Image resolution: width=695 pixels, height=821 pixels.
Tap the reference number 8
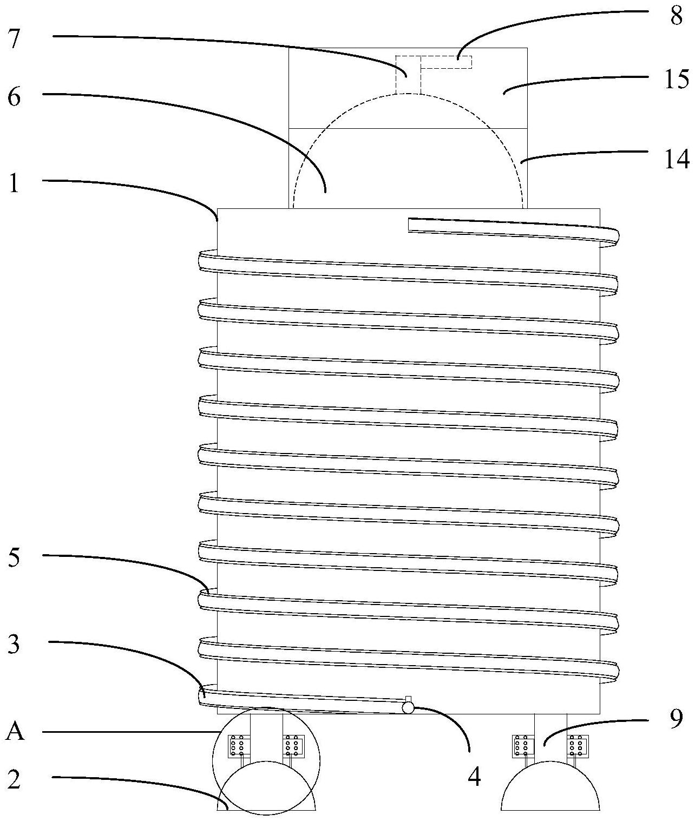click(x=677, y=16)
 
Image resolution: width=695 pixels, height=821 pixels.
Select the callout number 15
click(x=677, y=79)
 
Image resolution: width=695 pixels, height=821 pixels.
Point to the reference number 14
click(x=677, y=159)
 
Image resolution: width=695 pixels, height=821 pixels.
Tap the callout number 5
click(x=14, y=558)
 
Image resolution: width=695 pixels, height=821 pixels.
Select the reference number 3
click(x=14, y=646)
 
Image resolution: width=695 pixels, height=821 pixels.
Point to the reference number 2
click(x=14, y=780)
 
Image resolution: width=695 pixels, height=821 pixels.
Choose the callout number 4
click(x=474, y=777)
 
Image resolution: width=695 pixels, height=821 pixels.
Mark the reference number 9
click(x=676, y=719)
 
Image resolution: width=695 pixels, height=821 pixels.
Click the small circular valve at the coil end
click(x=408, y=707)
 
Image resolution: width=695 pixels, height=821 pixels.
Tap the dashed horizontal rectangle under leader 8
click(x=447, y=62)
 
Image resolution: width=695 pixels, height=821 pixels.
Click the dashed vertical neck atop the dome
click(x=408, y=75)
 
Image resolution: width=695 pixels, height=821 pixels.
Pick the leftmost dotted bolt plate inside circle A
click(x=238, y=746)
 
